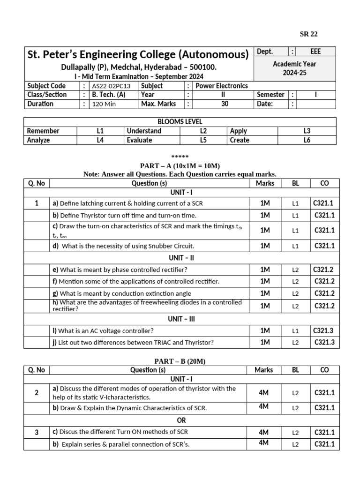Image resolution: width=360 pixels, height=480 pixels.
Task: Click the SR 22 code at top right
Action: pyautogui.click(x=308, y=34)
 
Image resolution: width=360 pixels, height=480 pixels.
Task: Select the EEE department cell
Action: pyautogui.click(x=316, y=52)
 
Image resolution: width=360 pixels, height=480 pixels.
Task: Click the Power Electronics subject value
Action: pyautogui.click(x=221, y=86)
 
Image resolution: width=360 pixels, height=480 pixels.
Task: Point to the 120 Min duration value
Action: pyautogui.click(x=105, y=104)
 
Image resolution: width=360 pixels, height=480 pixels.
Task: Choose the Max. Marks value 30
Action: pyautogui.click(x=225, y=104)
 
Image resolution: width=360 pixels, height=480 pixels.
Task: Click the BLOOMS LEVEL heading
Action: pyautogui.click(x=180, y=122)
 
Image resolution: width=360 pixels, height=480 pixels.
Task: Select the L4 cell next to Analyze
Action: pyautogui.click(x=100, y=140)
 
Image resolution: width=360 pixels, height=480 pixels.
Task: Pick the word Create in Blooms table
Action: pyautogui.click(x=240, y=140)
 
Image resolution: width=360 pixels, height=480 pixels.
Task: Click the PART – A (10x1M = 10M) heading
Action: pyautogui.click(x=180, y=166)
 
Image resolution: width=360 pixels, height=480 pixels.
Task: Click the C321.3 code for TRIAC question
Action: pyautogui.click(x=324, y=342)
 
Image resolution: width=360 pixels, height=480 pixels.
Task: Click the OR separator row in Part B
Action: pyautogui.click(x=180, y=420)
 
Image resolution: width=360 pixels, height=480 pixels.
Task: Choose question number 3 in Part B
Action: pyautogui.click(x=37, y=432)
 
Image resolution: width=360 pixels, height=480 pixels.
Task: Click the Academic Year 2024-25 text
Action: pyautogui.click(x=294, y=68)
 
